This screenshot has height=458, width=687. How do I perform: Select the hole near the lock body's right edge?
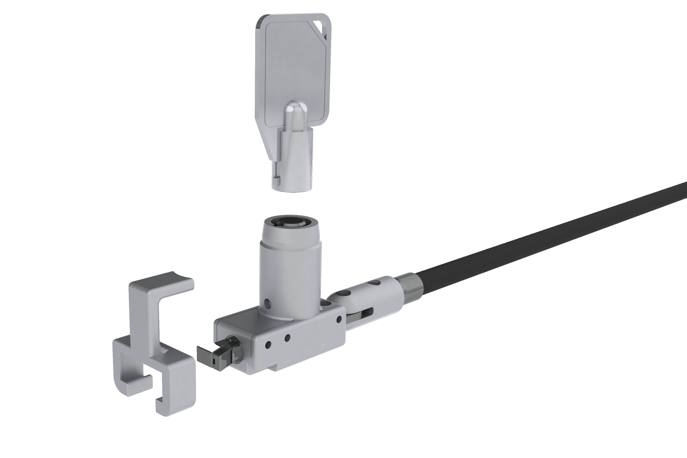point(339,319)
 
